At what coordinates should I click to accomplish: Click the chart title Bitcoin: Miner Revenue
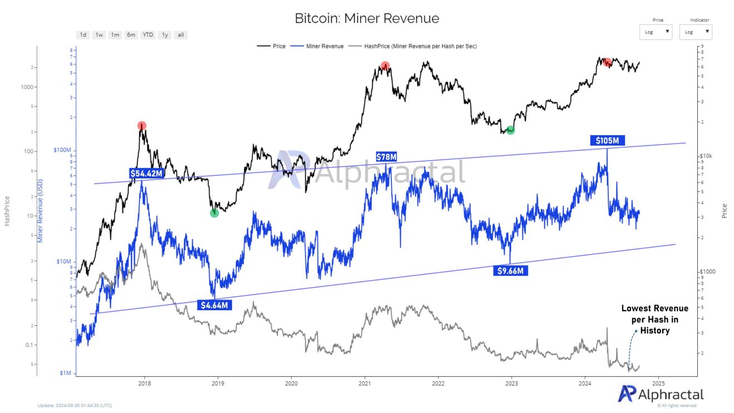[367, 18]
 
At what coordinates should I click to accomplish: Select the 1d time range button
[83, 35]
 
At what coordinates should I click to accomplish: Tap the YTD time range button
[147, 35]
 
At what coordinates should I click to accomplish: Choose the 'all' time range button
[181, 35]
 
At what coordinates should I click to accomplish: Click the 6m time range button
[131, 35]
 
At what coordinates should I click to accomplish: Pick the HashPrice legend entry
[420, 46]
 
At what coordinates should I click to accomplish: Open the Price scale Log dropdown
[656, 32]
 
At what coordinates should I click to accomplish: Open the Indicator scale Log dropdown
[696, 32]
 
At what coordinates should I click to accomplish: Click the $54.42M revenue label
[146, 173]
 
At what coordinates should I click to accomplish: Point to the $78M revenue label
[386, 157]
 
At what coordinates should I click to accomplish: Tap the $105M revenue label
[607, 141]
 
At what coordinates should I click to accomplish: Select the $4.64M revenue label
[214, 305]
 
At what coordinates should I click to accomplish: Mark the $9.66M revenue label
[510, 271]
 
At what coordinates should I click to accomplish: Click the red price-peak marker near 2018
[142, 126]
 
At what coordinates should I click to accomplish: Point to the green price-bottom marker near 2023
[510, 130]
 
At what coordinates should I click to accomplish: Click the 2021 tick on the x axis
[365, 383]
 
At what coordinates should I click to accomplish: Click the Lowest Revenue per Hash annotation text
[654, 319]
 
